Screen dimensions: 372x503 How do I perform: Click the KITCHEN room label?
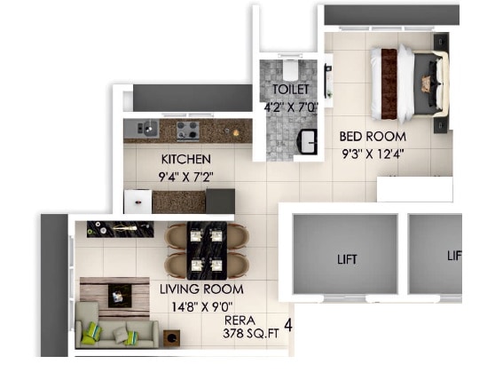pyautogui.click(x=185, y=159)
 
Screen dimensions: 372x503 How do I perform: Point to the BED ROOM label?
pyautogui.click(x=372, y=137)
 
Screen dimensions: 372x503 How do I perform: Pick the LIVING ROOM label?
pyautogui.click(x=200, y=289)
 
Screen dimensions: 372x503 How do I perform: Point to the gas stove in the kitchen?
pyautogui.click(x=187, y=130)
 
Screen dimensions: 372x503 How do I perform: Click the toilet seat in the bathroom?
pyautogui.click(x=289, y=69)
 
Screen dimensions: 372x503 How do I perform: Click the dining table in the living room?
pyautogui.click(x=206, y=249)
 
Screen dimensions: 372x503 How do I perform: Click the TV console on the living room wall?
pyautogui.click(x=120, y=230)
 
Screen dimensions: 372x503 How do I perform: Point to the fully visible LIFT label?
pyautogui.click(x=345, y=260)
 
